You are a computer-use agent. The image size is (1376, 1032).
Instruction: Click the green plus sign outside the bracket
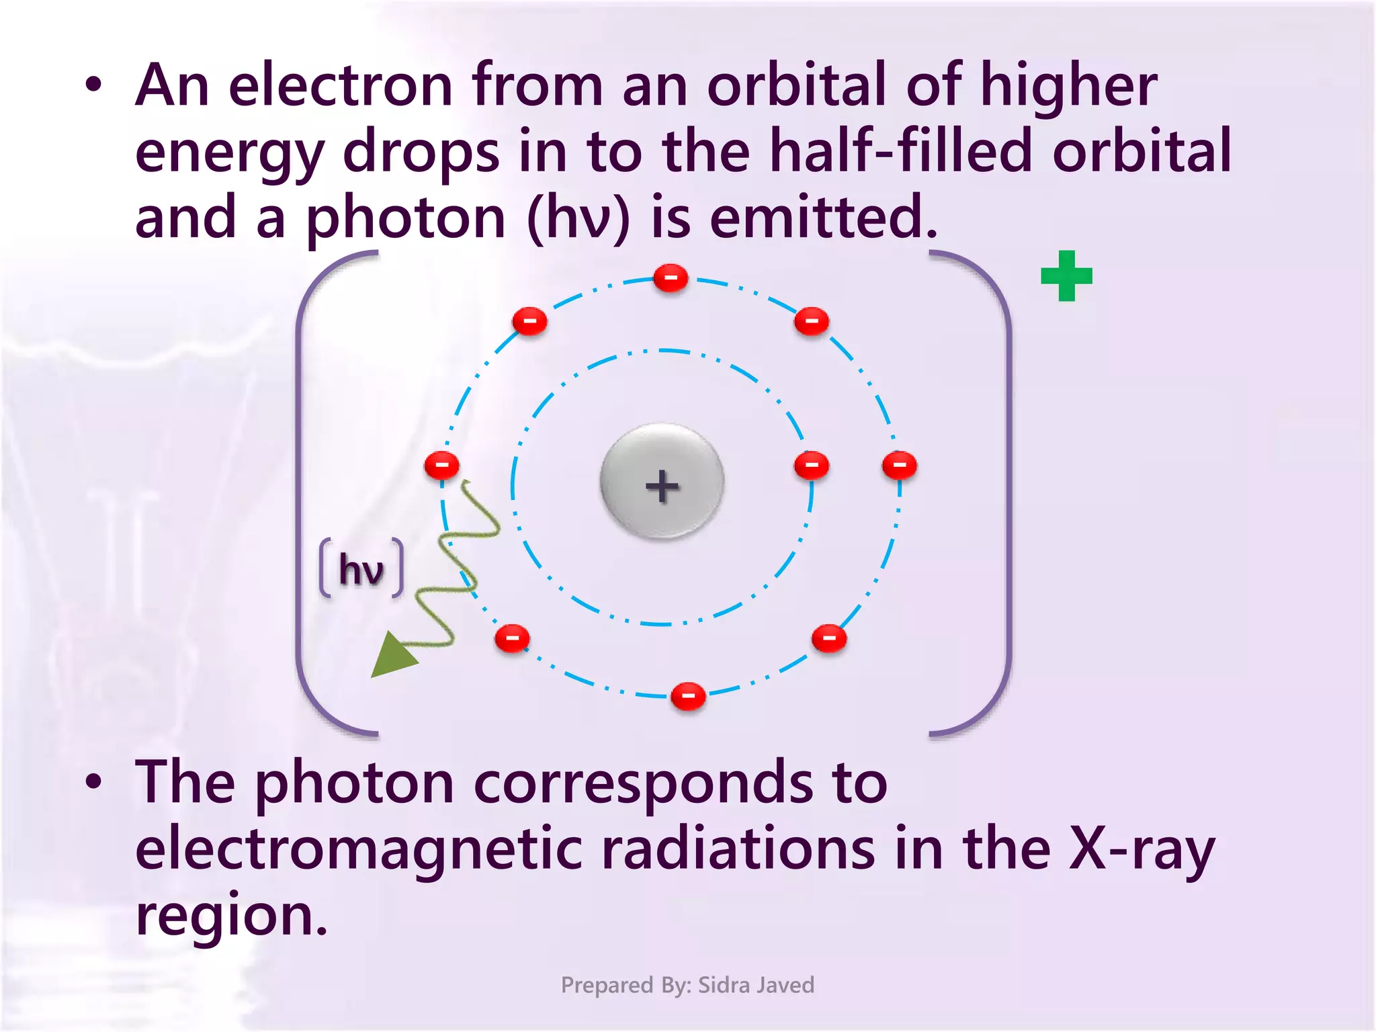point(1066,275)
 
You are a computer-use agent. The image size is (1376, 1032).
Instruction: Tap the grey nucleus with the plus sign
point(662,482)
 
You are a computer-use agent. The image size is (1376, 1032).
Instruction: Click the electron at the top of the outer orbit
point(671,277)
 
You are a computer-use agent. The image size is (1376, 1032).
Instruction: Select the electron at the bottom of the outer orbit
point(688,695)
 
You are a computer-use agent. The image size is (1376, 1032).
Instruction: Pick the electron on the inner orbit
point(811,465)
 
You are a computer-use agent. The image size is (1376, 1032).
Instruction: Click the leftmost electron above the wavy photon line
point(441,465)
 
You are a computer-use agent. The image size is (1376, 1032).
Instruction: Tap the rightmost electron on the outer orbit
point(899,465)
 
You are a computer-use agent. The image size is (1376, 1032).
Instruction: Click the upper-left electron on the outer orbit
point(529,321)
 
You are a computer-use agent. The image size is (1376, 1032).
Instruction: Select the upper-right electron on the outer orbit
point(811,321)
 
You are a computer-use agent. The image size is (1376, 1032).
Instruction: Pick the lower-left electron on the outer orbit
point(512,638)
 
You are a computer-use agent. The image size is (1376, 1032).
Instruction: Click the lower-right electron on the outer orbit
point(828,638)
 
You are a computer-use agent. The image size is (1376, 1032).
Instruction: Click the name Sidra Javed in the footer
point(756,985)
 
